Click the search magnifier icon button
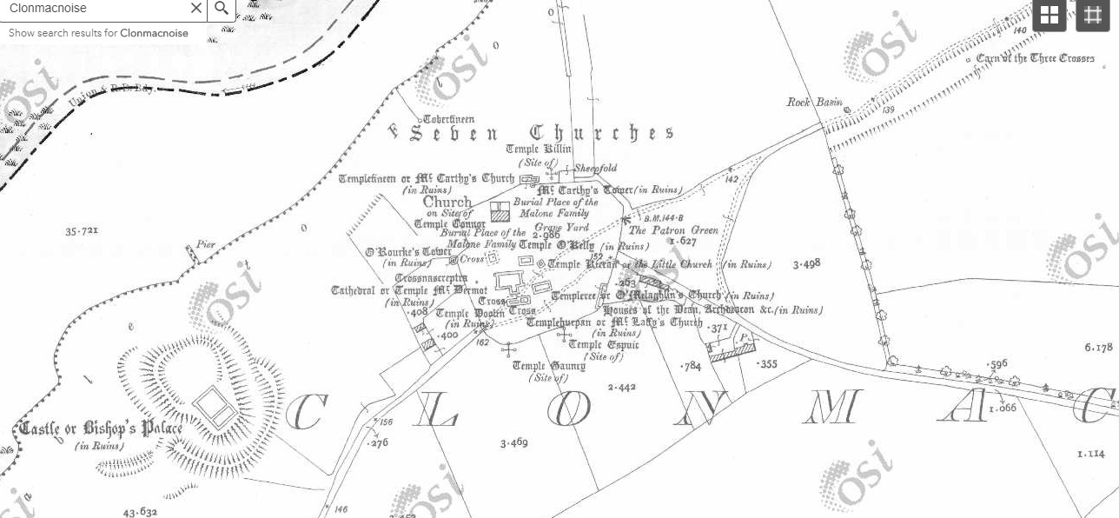point(222,9)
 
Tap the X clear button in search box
point(196,9)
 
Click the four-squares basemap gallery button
point(1049,15)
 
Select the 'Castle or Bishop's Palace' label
point(101,428)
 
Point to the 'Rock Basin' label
point(815,103)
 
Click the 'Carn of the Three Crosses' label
point(1035,58)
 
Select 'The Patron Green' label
point(673,230)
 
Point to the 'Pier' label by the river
point(205,244)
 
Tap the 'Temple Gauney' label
point(548,366)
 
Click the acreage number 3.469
point(513,443)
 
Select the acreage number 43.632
point(140,512)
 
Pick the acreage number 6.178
point(1098,348)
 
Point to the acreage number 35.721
point(82,231)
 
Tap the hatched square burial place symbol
point(500,211)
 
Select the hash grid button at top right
point(1093,15)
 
